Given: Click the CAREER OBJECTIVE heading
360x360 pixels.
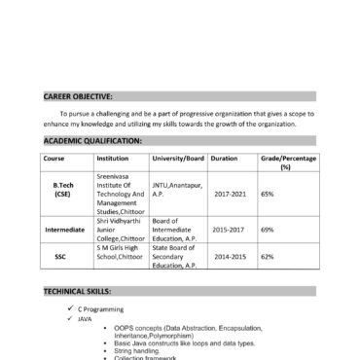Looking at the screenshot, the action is click(x=78, y=97).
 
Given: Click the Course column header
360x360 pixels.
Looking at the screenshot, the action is click(x=54, y=157).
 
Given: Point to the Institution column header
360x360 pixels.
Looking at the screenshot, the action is click(x=113, y=157).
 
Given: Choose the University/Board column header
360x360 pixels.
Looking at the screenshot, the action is click(x=178, y=157).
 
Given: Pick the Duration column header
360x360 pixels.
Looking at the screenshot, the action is click(x=224, y=157).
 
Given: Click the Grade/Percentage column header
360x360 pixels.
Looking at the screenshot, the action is click(x=285, y=162).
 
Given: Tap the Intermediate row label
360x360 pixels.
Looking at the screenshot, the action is click(x=65, y=230).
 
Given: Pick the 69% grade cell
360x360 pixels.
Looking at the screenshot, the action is click(x=268, y=230).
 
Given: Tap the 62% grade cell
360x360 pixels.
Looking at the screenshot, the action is click(x=268, y=257).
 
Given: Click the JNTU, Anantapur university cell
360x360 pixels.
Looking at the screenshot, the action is click(x=177, y=188).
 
